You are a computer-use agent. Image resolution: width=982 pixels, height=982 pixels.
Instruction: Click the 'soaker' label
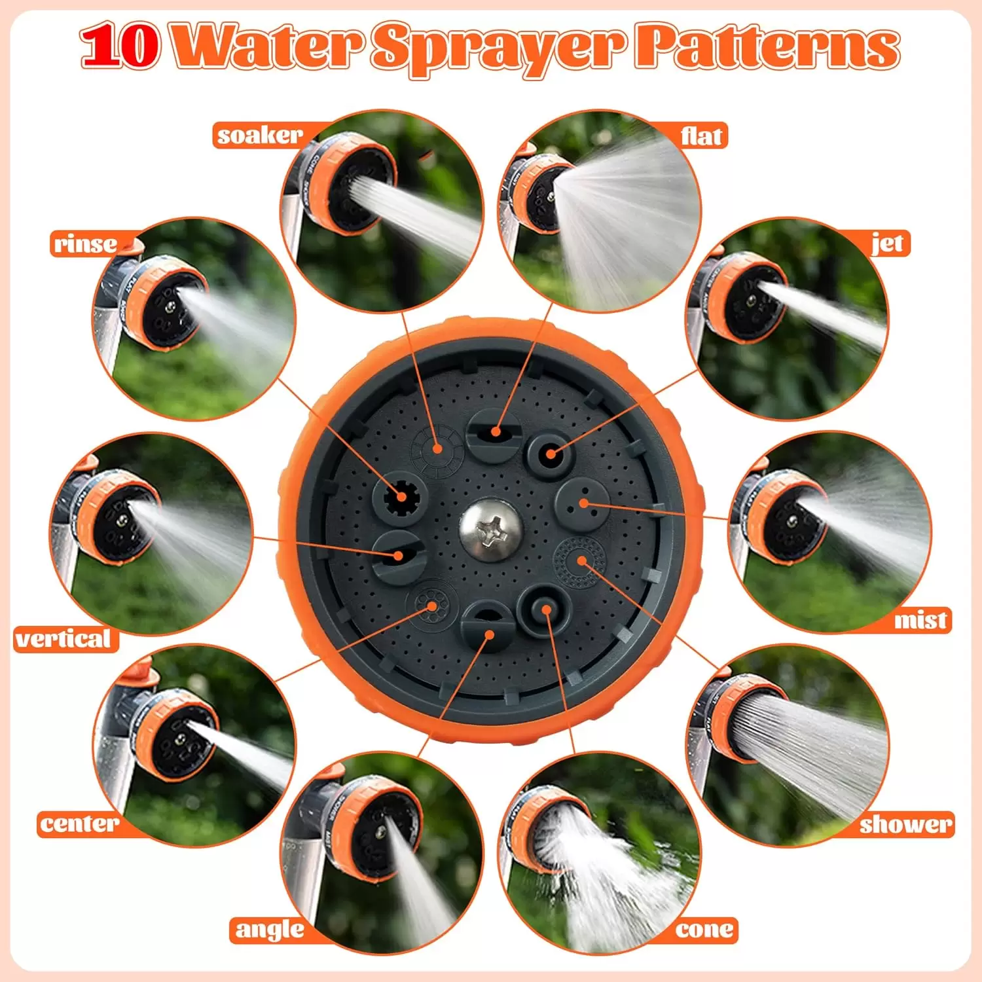pyautogui.click(x=260, y=136)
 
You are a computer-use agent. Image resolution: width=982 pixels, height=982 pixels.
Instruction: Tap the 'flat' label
pyautogui.click(x=701, y=136)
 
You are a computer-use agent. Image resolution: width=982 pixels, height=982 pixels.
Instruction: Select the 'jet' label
pyautogui.click(x=888, y=244)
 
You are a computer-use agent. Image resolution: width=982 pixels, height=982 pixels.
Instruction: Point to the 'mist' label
pyautogui.click(x=920, y=619)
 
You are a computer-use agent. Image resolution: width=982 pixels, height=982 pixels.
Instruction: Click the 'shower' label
pyautogui.click(x=905, y=824)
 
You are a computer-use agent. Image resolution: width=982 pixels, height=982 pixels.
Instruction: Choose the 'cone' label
pyautogui.click(x=704, y=930)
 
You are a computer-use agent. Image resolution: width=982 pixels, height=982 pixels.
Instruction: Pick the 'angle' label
pyautogui.click(x=270, y=930)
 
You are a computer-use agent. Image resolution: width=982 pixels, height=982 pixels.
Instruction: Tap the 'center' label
pyautogui.click(x=79, y=824)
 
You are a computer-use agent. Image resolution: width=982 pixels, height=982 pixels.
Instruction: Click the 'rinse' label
pyautogui.click(x=86, y=244)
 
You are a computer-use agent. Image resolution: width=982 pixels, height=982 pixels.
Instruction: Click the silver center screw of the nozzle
pyautogui.click(x=491, y=530)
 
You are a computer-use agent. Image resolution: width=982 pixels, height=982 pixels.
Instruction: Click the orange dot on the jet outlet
pyautogui.click(x=551, y=453)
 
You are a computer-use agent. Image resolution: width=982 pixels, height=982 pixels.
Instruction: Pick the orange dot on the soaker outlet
pyautogui.click(x=438, y=448)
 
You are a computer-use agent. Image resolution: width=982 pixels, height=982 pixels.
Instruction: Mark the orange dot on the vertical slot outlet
pyautogui.click(x=398, y=555)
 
